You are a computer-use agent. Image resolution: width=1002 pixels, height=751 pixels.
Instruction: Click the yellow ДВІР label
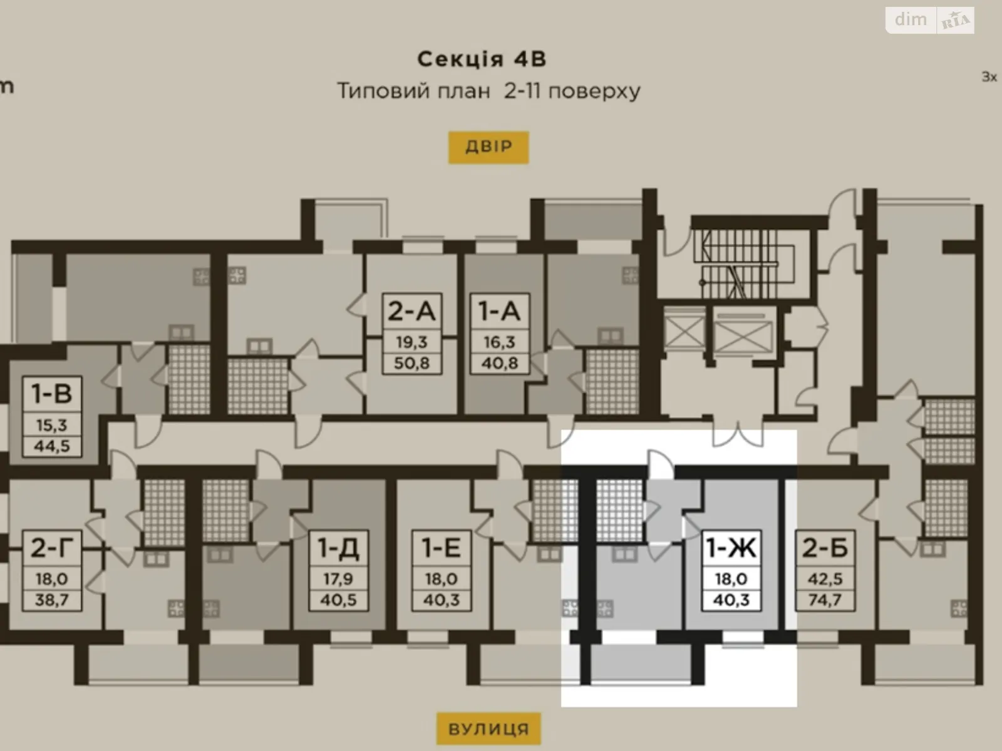pos(488,147)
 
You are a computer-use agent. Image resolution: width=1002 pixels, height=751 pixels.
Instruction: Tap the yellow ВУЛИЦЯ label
pos(488,729)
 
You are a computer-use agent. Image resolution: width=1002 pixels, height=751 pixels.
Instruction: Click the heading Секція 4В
pos(482,59)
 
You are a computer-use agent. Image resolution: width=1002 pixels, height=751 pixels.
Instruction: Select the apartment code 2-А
pos(411,311)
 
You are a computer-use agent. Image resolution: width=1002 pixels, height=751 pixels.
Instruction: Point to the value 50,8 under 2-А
pos(411,363)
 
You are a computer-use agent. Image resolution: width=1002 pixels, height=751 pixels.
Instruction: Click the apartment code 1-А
pos(499,311)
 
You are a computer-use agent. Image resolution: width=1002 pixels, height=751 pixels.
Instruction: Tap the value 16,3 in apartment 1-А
pos(499,342)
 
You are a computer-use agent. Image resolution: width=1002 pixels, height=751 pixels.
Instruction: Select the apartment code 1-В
pos(52,394)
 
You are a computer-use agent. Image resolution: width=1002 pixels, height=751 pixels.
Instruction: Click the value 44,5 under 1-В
pos(52,446)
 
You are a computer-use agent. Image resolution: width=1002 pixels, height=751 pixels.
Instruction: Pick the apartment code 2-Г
pos(52,548)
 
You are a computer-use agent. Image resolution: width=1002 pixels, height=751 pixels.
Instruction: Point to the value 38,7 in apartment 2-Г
pos(52,600)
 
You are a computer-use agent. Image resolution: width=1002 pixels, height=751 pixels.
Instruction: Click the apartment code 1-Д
pos(338,548)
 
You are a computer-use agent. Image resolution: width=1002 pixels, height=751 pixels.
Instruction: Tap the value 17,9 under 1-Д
pos(338,579)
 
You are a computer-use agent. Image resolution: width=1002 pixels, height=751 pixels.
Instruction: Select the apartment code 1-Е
pos(442,548)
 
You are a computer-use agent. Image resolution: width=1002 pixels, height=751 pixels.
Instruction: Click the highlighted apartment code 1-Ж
pos(731,548)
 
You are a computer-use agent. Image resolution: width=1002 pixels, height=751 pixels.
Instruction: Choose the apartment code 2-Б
pos(825,548)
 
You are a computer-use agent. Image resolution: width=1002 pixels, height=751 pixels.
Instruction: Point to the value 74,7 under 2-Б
pos(825,600)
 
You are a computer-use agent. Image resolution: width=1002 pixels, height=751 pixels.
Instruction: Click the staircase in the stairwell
pos(745,263)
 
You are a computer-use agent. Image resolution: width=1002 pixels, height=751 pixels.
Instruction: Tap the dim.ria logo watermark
pos(929,20)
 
